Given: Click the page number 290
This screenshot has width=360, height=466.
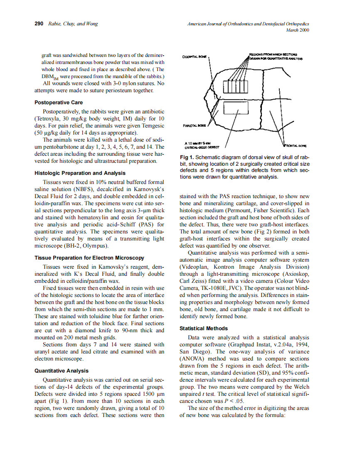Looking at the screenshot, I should point(39,24).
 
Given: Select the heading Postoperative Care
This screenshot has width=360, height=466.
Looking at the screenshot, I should point(59,102).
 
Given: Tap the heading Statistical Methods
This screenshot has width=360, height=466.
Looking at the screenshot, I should point(202,328).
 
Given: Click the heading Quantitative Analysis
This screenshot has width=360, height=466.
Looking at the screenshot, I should point(61,370).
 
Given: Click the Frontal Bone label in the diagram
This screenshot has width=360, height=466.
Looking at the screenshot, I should point(296,146).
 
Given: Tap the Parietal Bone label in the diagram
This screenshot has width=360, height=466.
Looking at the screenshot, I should point(193,124).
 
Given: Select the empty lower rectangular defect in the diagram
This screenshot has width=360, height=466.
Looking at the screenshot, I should point(236,108).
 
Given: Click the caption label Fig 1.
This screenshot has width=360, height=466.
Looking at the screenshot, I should point(185,158).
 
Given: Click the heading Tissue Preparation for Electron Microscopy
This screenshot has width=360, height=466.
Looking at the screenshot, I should point(89,258).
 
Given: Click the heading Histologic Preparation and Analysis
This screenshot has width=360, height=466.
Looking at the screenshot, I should point(80,173).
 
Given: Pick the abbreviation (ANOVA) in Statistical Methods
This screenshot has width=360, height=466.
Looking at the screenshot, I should point(192,359).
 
